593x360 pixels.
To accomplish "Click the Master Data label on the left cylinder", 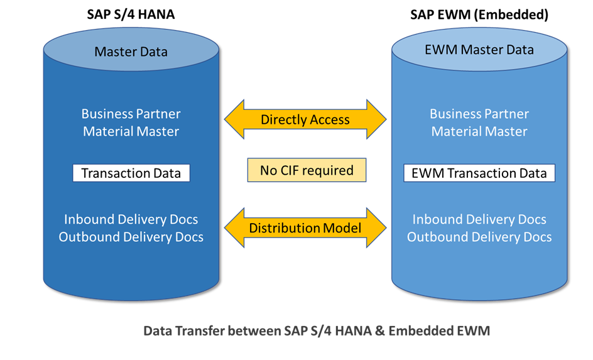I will click(131, 52).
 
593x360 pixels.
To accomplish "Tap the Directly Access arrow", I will click(305, 119).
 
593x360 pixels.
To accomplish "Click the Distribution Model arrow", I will click(305, 228).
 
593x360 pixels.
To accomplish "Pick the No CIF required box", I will click(307, 170).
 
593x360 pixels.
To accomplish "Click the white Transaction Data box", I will click(131, 173).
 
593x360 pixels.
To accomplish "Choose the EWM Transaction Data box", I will click(479, 173).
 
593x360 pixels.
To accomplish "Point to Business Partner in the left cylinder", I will click(131, 114).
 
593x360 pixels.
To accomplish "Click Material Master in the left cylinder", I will click(131, 131).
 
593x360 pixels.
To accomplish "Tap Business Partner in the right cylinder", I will click(479, 114).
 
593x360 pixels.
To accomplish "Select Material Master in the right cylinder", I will click(479, 131).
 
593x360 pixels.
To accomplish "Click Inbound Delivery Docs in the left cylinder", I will click(131, 219).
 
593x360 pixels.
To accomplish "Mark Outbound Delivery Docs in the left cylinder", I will click(131, 237).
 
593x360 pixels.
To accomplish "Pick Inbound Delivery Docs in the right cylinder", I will click(479, 219).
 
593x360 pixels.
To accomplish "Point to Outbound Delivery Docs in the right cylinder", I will click(479, 237).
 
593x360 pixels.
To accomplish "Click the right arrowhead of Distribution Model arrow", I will click(376, 228).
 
